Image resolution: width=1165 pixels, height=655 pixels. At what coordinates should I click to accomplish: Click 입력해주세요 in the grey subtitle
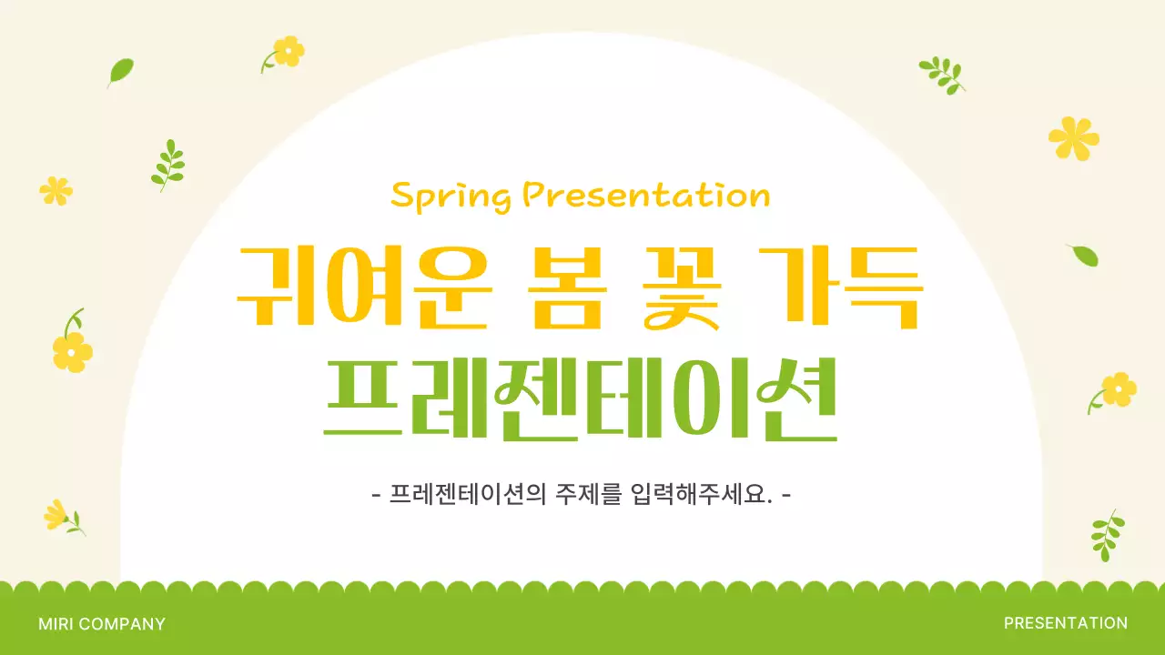pyautogui.click(x=701, y=496)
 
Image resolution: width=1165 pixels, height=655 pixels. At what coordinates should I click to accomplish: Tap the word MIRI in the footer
pyautogui.click(x=56, y=624)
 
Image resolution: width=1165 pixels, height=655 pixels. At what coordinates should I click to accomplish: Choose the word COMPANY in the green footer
pyautogui.click(x=122, y=624)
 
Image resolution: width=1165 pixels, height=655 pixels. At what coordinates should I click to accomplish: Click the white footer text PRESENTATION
pyautogui.click(x=1066, y=623)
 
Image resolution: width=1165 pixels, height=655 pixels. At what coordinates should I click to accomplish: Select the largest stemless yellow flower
pyautogui.click(x=1074, y=138)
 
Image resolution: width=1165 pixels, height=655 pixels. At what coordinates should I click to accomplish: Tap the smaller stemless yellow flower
pyautogui.click(x=56, y=190)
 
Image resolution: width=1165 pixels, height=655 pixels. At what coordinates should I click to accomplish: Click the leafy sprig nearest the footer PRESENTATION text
pyautogui.click(x=1107, y=534)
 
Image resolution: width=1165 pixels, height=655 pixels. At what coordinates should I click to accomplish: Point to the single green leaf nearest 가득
pyautogui.click(x=1084, y=256)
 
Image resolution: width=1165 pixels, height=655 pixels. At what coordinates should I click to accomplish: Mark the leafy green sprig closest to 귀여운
pyautogui.click(x=167, y=164)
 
